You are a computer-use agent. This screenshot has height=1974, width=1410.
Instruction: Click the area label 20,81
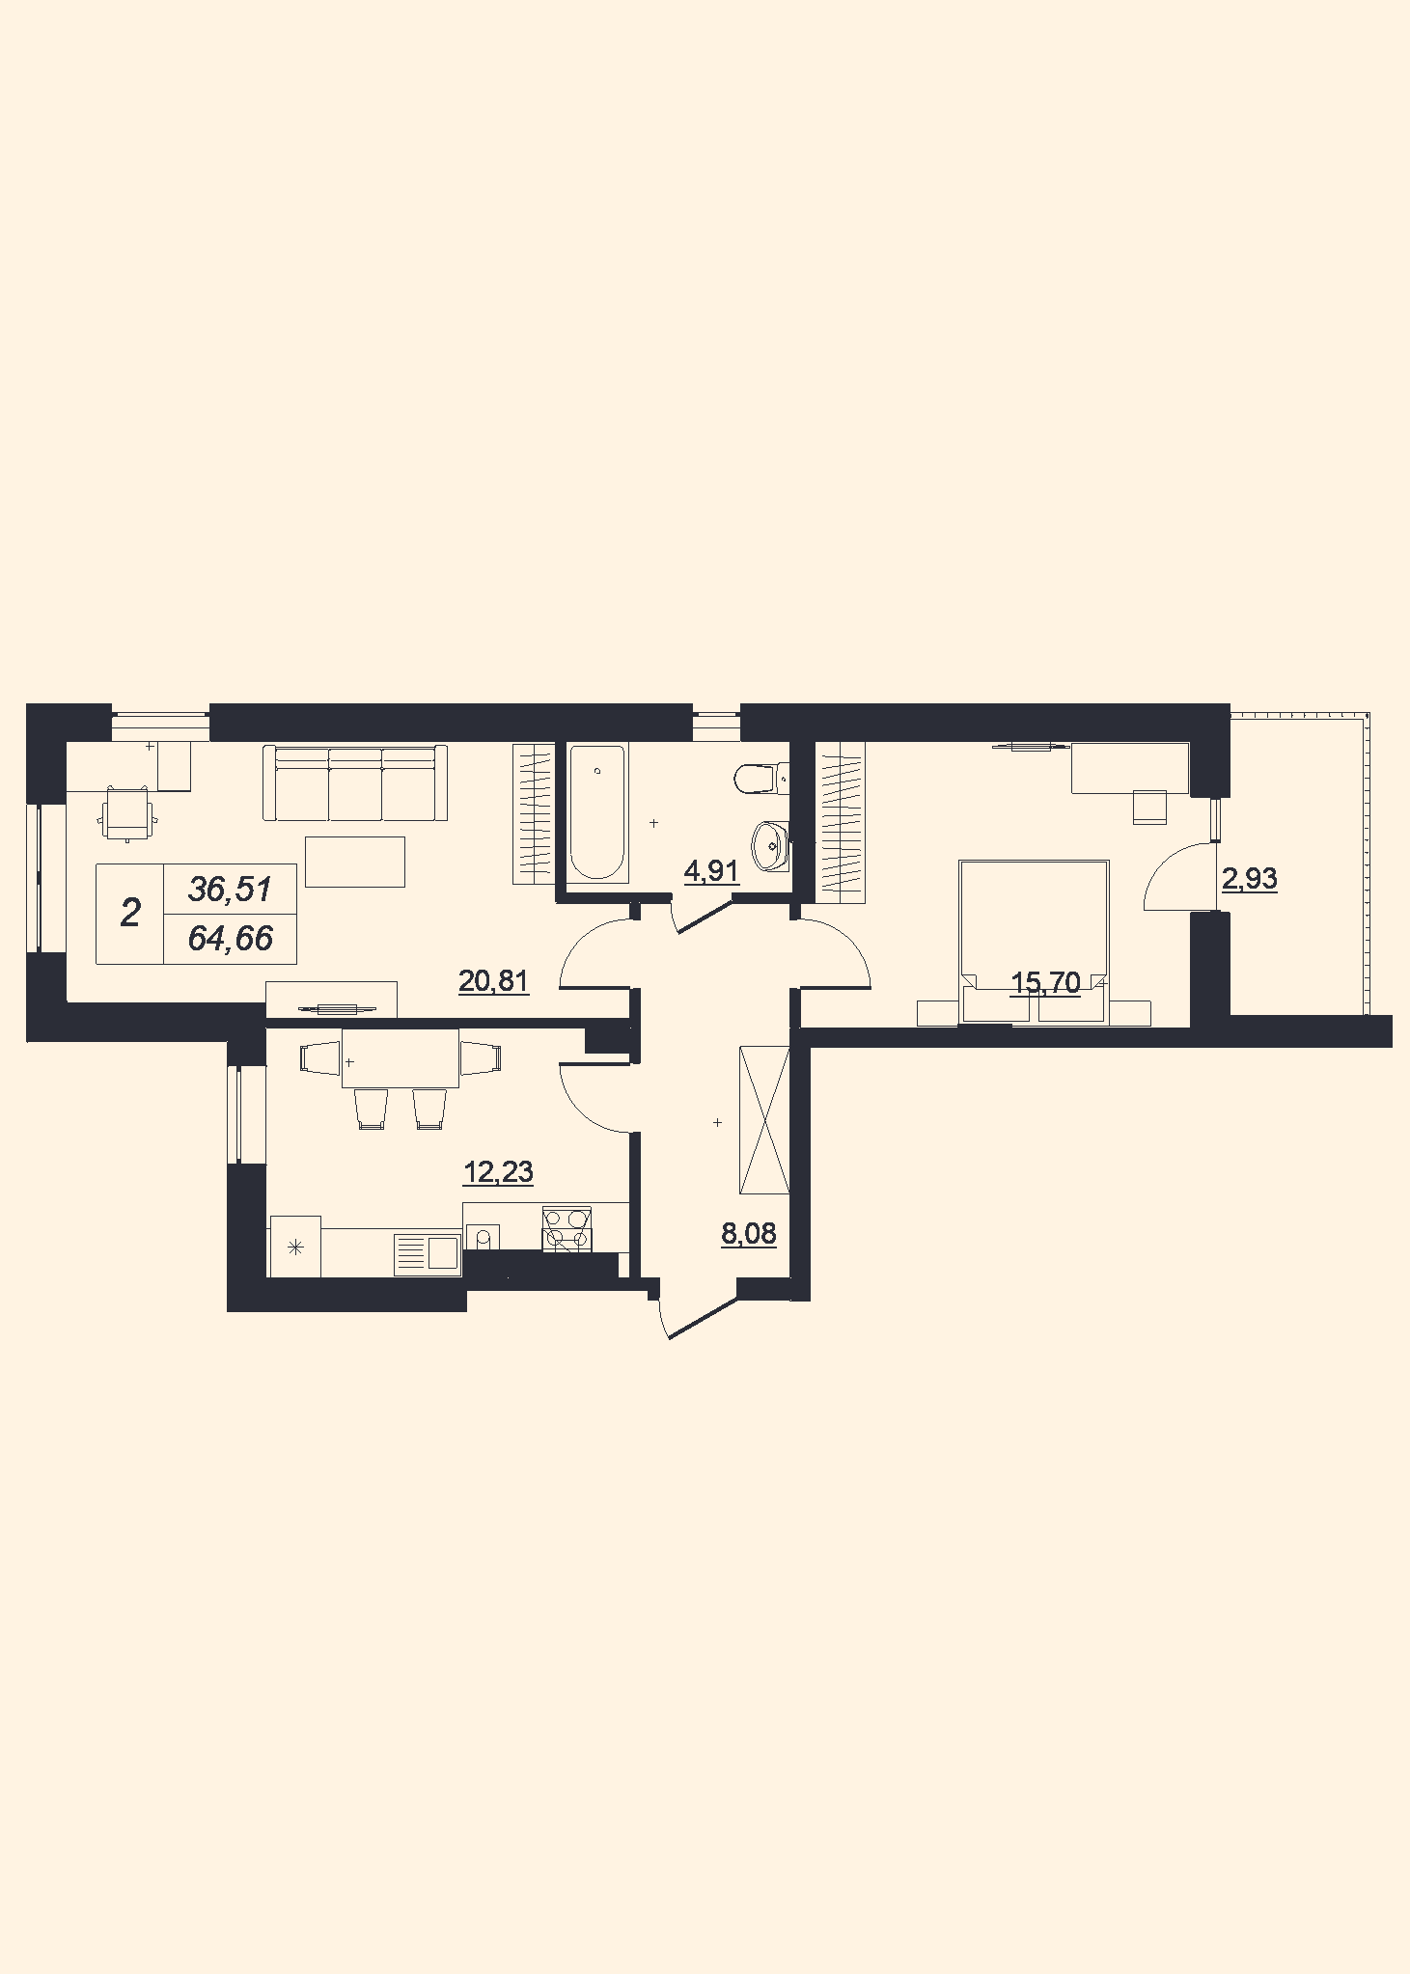[x=493, y=981]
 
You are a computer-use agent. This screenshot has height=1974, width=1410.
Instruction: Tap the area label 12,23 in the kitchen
[x=498, y=1172]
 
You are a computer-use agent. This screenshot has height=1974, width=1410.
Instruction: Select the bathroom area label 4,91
[x=711, y=871]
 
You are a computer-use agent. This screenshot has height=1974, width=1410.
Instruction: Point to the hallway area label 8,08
[x=749, y=1233]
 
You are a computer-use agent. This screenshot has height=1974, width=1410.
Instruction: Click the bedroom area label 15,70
[x=1045, y=983]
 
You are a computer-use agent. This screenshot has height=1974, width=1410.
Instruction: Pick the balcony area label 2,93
[x=1250, y=879]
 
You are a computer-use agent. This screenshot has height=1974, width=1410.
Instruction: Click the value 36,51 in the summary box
[x=230, y=889]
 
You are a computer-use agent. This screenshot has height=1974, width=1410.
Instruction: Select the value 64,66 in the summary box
[x=230, y=938]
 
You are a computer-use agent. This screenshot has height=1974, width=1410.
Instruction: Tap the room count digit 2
[x=130, y=913]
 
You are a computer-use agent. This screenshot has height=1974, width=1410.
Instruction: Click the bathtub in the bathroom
[x=597, y=812]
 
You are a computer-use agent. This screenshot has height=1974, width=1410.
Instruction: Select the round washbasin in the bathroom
[x=770, y=846]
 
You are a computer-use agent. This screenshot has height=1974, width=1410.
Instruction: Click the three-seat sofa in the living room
[x=355, y=782]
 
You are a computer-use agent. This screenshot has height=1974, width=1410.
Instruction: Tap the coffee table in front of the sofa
[x=355, y=862]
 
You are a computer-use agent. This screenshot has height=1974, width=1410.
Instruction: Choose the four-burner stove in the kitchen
[x=567, y=1229]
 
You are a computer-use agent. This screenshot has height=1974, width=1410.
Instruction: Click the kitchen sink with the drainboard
[x=428, y=1253]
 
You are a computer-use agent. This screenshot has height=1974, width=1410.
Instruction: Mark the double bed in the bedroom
[x=1034, y=942]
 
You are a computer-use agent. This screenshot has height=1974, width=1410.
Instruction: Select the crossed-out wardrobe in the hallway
[x=763, y=1119]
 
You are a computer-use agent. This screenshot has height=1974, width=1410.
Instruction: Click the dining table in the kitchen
[x=401, y=1058]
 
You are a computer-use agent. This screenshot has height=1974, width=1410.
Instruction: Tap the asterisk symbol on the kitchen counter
[x=295, y=1247]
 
